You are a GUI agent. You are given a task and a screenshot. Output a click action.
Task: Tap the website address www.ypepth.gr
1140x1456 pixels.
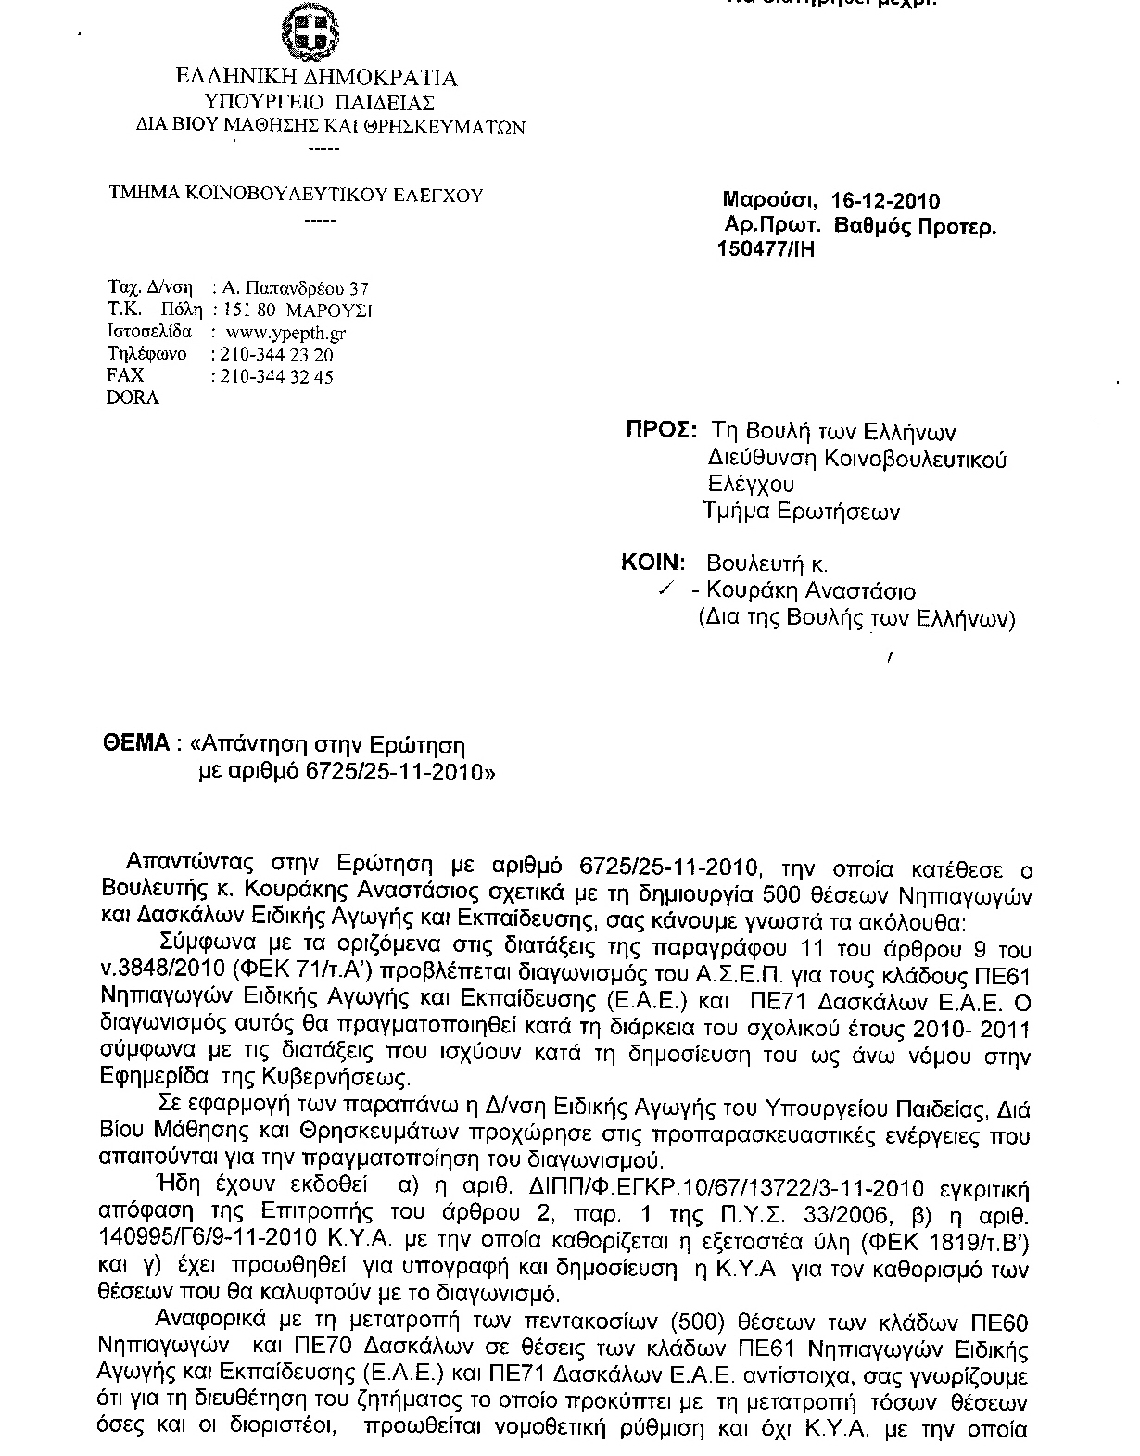pos(286,332)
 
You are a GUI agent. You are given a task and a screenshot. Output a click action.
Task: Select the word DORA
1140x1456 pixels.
pos(133,399)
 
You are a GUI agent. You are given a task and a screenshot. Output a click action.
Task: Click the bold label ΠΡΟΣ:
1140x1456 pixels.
pos(659,431)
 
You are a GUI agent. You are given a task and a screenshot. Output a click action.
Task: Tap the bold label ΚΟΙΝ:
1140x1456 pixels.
pos(653,563)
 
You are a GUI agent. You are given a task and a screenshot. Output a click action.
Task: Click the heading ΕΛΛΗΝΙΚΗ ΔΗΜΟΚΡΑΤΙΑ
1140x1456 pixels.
pos(316,78)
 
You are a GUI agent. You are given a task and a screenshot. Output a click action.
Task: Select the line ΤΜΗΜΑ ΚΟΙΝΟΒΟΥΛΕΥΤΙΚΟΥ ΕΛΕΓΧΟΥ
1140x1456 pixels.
pos(297,195)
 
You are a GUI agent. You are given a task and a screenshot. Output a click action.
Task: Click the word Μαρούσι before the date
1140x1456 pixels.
pos(768,201)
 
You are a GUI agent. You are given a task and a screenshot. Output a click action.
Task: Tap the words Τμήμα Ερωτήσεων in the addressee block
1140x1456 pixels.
pos(801,511)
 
